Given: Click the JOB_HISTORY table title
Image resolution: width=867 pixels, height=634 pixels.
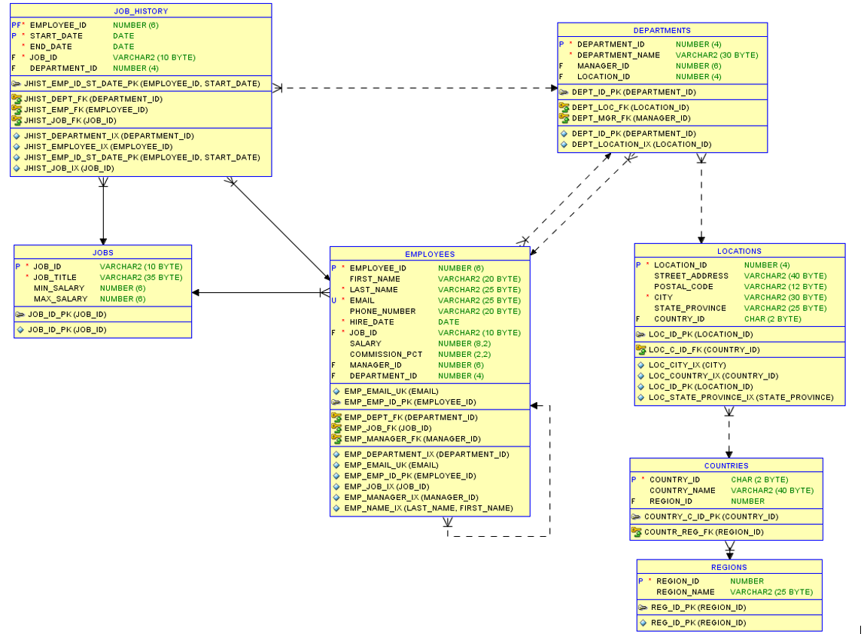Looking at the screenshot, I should click(x=141, y=11).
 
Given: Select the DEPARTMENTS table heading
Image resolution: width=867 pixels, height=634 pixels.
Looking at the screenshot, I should click(x=662, y=31).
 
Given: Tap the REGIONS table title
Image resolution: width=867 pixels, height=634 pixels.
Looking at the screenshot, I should click(x=729, y=568).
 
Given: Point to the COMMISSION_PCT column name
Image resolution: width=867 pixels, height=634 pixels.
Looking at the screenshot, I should click(x=385, y=354).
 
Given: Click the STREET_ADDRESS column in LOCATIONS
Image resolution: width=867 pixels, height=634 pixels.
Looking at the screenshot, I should click(x=690, y=276).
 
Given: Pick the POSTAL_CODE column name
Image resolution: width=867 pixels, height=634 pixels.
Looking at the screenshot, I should click(x=683, y=287).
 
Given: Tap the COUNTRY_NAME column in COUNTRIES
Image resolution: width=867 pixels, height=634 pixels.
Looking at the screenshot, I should click(x=682, y=490).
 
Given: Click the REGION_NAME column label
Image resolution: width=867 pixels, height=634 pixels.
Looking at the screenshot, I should click(x=685, y=592).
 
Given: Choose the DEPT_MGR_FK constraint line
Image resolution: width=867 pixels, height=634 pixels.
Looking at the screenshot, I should click(x=620, y=118).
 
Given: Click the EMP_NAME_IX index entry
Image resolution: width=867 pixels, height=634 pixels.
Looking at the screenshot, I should click(x=427, y=508).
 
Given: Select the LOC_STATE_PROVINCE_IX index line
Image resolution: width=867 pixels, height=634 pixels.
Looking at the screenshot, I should click(x=741, y=398).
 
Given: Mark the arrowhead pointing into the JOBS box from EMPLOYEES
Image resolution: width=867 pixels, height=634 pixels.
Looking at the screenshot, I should click(x=196, y=293).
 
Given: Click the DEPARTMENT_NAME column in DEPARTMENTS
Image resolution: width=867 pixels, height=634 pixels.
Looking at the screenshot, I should click(x=618, y=55).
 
